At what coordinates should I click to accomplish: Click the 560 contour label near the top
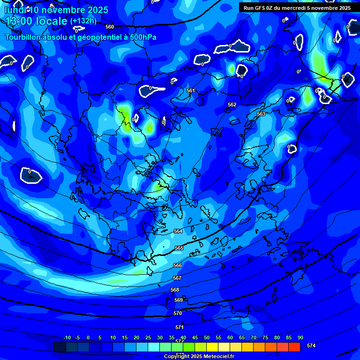tap(110, 27)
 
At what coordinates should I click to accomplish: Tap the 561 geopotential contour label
tap(190, 90)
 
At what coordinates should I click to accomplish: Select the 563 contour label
tap(261, 114)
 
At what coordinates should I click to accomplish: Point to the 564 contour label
tap(178, 232)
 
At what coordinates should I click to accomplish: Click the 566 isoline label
tap(178, 266)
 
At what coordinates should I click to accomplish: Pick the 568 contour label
tap(175, 290)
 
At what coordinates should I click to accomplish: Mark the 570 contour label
tap(178, 313)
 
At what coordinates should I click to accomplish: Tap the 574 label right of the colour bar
tap(311, 345)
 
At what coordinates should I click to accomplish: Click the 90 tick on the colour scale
tap(300, 337)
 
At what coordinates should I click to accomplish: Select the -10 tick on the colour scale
tap(67, 337)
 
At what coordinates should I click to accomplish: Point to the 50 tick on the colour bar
tap(207, 337)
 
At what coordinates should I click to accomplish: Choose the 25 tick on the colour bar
tap(148, 337)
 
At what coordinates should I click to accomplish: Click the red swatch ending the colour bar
tap(294, 347)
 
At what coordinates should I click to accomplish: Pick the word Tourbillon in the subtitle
tap(23, 37)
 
